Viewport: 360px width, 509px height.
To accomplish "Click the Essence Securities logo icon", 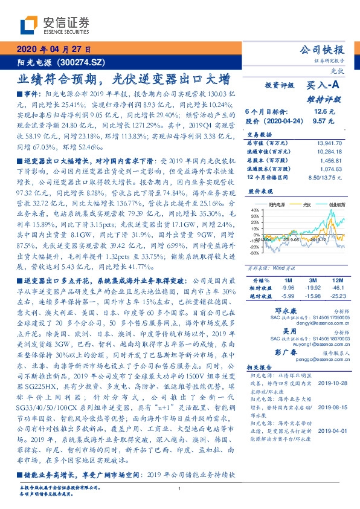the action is [x=31, y=24].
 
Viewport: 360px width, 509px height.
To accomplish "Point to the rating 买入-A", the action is [x=323, y=86].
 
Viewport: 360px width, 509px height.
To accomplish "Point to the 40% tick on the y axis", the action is [x=255, y=211].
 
